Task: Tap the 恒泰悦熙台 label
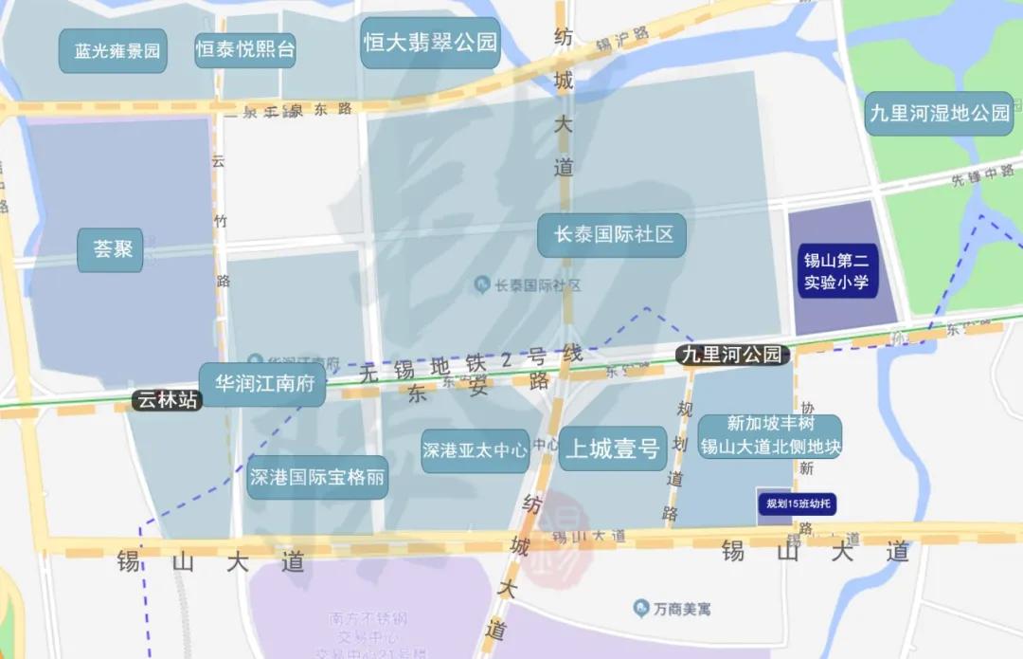pyautogui.click(x=245, y=49)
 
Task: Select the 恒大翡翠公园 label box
pyautogui.click(x=430, y=43)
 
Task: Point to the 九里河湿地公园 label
pyautogui.click(x=940, y=113)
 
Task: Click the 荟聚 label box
pyautogui.click(x=112, y=250)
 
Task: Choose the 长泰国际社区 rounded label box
pyautogui.click(x=612, y=234)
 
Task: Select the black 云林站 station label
pyautogui.click(x=168, y=400)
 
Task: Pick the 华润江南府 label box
pyautogui.click(x=262, y=384)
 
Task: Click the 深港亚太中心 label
pyautogui.click(x=475, y=450)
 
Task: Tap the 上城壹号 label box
pyautogui.click(x=612, y=449)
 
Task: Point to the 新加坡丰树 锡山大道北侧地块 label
pyautogui.click(x=770, y=435)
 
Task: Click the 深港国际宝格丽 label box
pyautogui.click(x=318, y=477)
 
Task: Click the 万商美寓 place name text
pyautogui.click(x=682, y=608)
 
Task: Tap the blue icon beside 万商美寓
pyautogui.click(x=641, y=607)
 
